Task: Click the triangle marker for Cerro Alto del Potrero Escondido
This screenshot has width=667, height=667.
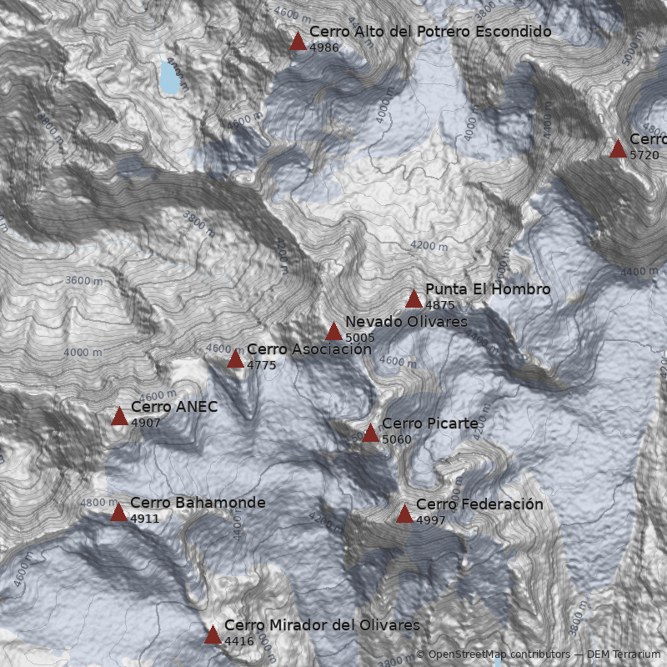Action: (x=298, y=41)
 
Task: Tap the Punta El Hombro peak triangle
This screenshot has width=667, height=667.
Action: (x=414, y=298)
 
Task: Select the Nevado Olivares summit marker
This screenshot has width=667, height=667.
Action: (x=333, y=331)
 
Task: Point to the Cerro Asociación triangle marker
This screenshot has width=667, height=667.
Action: (x=235, y=359)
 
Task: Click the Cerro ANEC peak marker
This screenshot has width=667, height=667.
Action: (x=119, y=416)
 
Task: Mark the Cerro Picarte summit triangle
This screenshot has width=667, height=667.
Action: (x=370, y=433)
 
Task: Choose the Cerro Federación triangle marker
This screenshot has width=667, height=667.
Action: (x=404, y=514)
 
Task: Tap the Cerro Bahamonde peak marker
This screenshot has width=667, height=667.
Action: (x=118, y=512)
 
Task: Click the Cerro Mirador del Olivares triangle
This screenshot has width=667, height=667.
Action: (x=213, y=635)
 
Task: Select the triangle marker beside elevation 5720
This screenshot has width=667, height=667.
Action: (x=618, y=148)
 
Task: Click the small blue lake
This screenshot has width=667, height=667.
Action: (x=170, y=78)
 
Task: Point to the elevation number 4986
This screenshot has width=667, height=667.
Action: (x=324, y=48)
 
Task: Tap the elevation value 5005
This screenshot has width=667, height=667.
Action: (x=360, y=338)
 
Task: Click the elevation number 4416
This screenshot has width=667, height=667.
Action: (x=238, y=641)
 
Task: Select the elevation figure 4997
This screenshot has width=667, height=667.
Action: (x=431, y=520)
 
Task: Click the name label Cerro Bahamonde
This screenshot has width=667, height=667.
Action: (x=198, y=503)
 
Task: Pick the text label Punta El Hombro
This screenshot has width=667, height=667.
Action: (x=488, y=289)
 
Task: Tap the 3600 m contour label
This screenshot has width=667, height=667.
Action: (x=83, y=281)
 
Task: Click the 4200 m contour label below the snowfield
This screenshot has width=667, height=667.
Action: (x=429, y=246)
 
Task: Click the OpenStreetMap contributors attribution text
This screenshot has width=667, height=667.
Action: (x=493, y=654)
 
